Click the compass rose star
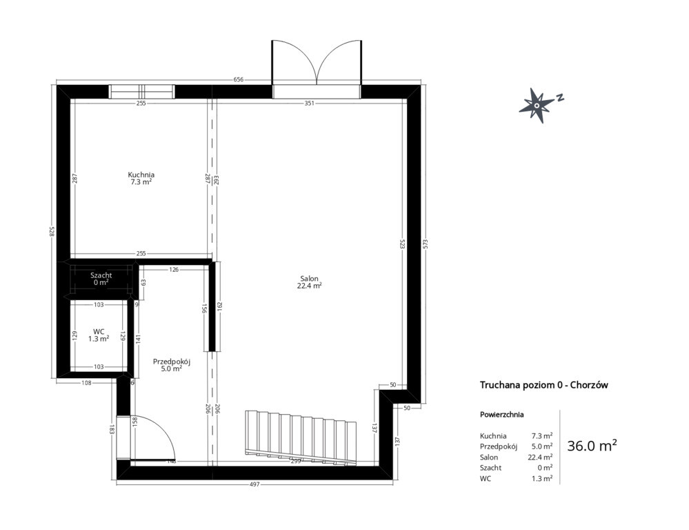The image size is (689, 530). pyautogui.click(x=537, y=105)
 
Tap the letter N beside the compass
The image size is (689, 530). pyautogui.click(x=560, y=97)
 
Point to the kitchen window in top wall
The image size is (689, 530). pyautogui.click(x=141, y=92)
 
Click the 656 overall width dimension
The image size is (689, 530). pyautogui.click(x=238, y=79)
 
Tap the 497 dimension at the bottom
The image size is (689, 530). pyautogui.click(x=255, y=484)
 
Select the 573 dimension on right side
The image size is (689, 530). pyautogui.click(x=425, y=244)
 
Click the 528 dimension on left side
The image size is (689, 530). pyautogui.click(x=52, y=232)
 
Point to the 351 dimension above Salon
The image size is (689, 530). pyautogui.click(x=310, y=104)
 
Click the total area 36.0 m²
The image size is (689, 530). pyautogui.click(x=592, y=446)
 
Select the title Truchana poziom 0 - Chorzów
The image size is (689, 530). pyautogui.click(x=544, y=385)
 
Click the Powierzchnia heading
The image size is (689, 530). pyautogui.click(x=502, y=414)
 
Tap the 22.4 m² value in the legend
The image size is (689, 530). pyautogui.click(x=540, y=457)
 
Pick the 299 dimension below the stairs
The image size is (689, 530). pyautogui.click(x=296, y=462)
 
